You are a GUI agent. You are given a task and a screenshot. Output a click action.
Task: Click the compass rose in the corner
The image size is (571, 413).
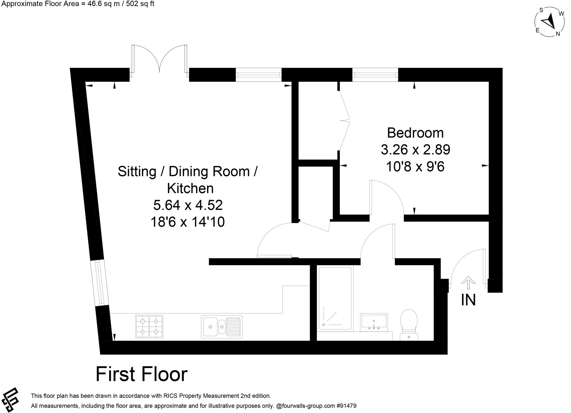click(x=550, y=22)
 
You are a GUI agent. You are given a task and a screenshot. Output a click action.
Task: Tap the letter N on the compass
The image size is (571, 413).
click(x=558, y=34)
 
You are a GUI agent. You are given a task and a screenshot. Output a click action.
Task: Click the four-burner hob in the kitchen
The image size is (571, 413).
click(x=149, y=326)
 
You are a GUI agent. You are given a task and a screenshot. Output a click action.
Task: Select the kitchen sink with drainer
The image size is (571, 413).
click(x=222, y=327)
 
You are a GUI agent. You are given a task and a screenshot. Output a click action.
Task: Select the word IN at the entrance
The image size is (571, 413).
click(x=468, y=300)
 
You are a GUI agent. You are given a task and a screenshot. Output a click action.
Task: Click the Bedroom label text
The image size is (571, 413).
click(x=415, y=133)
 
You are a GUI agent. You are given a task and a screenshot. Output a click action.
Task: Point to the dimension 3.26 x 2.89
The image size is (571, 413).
click(x=415, y=150)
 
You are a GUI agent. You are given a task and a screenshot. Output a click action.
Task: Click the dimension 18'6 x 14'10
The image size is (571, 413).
click(x=187, y=222)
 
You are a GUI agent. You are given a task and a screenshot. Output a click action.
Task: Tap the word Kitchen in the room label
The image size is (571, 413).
click(x=190, y=189)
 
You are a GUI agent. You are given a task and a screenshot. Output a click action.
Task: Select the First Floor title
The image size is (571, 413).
click(x=141, y=374)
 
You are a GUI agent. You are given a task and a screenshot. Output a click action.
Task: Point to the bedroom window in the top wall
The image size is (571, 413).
click(x=375, y=75)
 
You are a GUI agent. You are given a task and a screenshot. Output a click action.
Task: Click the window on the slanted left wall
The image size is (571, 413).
click(x=100, y=283)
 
